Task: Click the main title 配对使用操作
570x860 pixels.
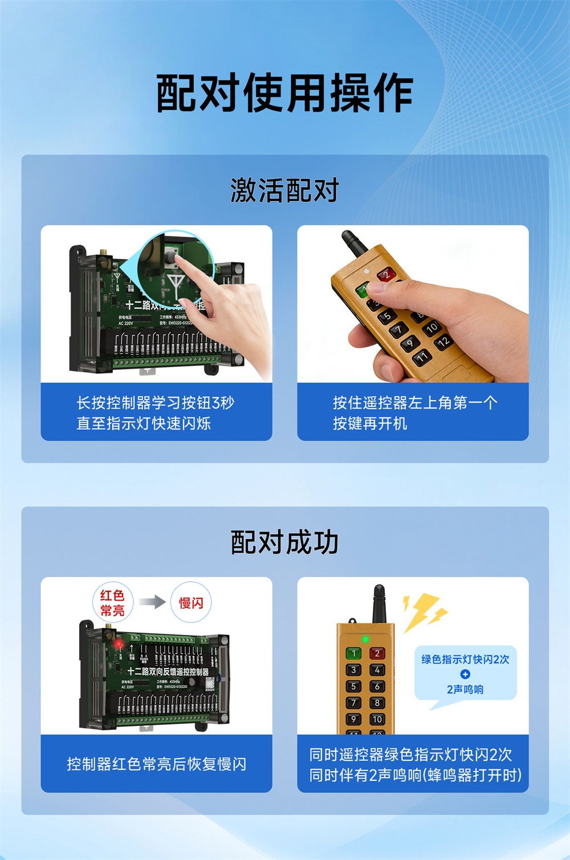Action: coord(284,93)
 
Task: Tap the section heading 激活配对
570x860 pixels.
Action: coord(284,190)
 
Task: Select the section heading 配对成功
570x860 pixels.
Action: coord(284,542)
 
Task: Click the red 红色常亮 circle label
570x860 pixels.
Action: coord(112,603)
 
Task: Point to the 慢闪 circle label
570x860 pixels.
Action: coord(191,603)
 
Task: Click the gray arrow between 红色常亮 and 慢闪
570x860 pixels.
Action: coord(152,602)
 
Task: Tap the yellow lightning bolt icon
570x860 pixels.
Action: coord(425,612)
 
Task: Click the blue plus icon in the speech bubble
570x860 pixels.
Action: coord(465,674)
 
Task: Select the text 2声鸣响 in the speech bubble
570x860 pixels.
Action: coord(465,690)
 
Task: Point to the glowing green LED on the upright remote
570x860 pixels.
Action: coord(365,639)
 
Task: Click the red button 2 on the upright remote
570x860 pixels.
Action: coord(377,654)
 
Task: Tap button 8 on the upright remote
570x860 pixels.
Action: coord(377,703)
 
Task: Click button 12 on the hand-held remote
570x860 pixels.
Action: coord(443,342)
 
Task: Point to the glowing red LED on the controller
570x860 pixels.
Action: coord(119,643)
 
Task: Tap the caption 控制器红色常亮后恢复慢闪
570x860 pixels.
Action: coord(156,764)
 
